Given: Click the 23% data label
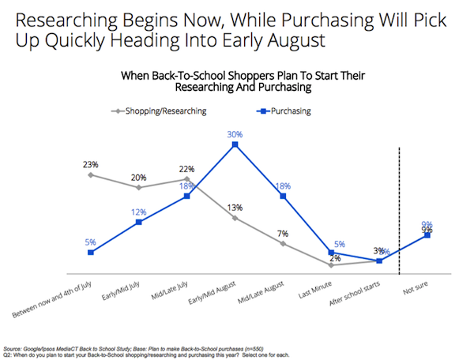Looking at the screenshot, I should point(90,164).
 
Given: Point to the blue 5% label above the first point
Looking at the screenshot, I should point(90,242).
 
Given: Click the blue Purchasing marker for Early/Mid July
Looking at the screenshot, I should point(139,223).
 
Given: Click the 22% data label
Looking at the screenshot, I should point(186,170).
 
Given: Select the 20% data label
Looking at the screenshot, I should point(139,177).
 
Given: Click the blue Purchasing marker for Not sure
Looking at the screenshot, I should point(427,234).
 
